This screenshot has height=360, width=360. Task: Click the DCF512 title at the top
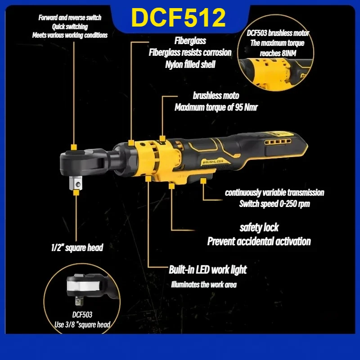[178, 18]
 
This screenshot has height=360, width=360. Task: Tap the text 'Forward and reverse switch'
[70, 18]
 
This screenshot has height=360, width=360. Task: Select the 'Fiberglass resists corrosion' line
[190, 52]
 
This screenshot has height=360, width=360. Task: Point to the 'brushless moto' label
[216, 95]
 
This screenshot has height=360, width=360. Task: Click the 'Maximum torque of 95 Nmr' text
[216, 108]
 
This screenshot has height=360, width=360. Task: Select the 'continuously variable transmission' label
[274, 193]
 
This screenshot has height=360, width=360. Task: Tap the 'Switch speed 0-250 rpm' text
[274, 204]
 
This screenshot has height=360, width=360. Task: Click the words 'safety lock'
[259, 228]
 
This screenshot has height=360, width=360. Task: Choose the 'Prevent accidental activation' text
[259, 242]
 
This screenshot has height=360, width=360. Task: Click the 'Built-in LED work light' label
[207, 270]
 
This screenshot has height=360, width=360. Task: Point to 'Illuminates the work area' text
[203, 284]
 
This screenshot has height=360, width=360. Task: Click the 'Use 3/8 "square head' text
[83, 324]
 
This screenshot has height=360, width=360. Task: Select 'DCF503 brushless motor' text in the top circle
[278, 33]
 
